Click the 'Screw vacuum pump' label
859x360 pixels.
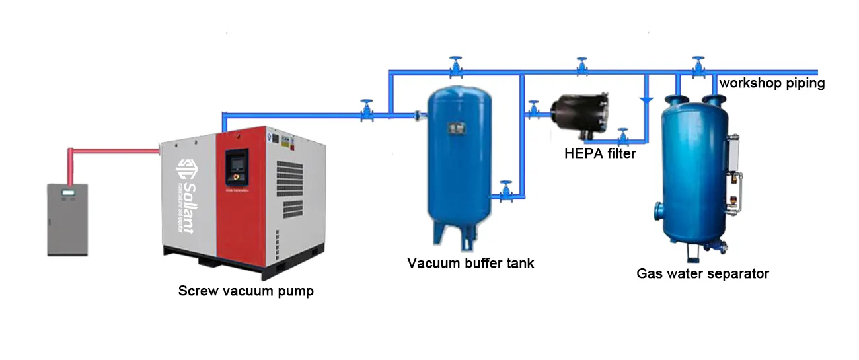tap(246, 291)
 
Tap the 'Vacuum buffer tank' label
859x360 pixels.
tap(470, 263)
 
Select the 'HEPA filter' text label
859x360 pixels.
tap(600, 154)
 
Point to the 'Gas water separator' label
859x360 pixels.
tap(702, 273)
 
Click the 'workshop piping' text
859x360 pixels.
tap(772, 83)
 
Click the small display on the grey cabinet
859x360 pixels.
tap(67, 193)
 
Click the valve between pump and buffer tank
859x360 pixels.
tap(366, 111)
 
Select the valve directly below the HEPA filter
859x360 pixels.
tap(622, 137)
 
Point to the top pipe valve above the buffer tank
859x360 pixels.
tap(455, 67)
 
